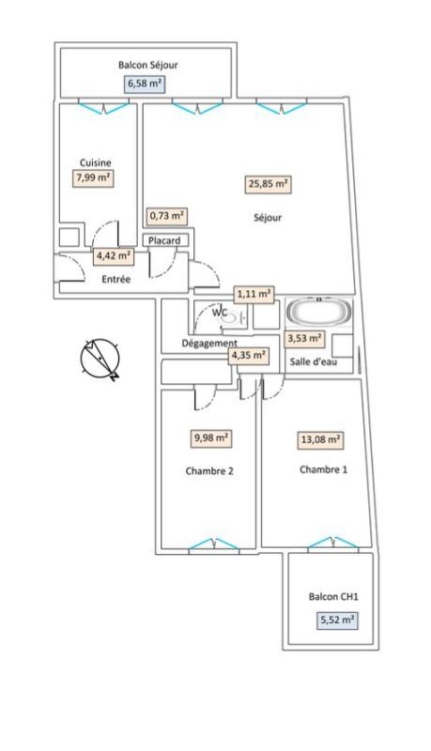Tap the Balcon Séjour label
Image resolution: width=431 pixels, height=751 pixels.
(x=147, y=65)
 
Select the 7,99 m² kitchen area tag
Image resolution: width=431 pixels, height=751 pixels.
(x=94, y=176)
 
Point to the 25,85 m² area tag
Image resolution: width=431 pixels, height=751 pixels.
(x=269, y=185)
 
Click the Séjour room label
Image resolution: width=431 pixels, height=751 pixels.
(x=268, y=218)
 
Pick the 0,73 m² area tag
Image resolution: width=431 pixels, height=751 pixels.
(x=166, y=217)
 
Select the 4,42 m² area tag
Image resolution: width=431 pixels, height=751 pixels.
(x=113, y=255)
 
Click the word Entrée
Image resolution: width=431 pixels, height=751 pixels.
(x=116, y=279)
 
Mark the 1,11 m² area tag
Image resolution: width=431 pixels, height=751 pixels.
(x=254, y=293)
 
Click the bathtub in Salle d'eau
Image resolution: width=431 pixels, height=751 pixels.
(x=317, y=312)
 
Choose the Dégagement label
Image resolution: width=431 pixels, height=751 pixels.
(x=208, y=344)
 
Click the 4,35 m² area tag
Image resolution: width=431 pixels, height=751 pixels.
(x=249, y=355)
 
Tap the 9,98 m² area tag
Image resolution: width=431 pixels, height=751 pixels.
(x=211, y=437)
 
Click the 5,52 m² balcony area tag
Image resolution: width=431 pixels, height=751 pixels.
(x=336, y=620)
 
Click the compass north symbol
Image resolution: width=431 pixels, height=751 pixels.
(x=100, y=360)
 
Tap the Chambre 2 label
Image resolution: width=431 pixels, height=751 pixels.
(x=211, y=471)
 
